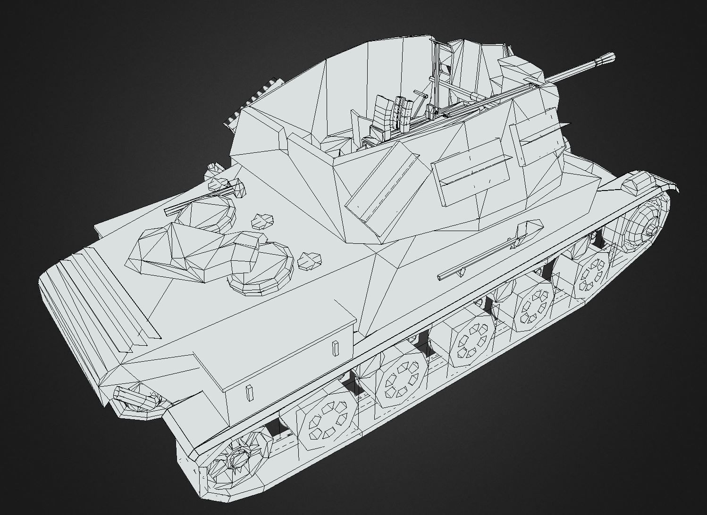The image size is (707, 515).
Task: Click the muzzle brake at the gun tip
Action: point(606,58)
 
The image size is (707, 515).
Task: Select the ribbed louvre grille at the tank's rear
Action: point(94,302)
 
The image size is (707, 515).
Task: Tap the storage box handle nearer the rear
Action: point(249,392)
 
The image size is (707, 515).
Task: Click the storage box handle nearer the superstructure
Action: point(335,348)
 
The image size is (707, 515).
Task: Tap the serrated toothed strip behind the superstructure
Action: point(250,101)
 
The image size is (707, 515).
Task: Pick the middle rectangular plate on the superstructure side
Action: point(472,174)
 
